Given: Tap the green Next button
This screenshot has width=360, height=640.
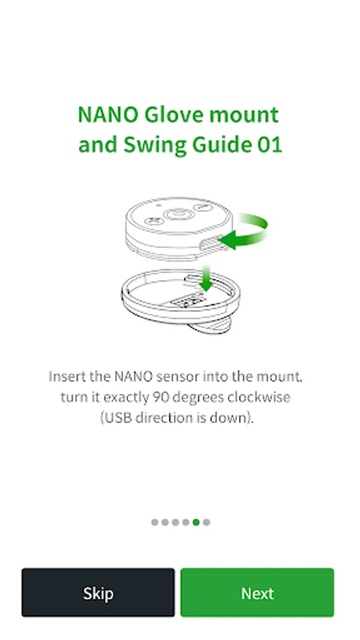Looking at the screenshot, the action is [257, 592].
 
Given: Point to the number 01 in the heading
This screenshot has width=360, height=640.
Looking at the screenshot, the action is [270, 145].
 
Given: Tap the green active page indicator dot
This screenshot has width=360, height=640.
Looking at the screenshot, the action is [196, 523].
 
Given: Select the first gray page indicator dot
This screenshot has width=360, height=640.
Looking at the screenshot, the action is [154, 523].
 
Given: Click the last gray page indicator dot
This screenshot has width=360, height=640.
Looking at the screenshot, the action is [206, 523].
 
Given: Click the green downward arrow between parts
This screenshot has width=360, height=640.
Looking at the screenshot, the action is [206, 279].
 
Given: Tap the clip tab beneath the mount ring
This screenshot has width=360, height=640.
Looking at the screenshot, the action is [209, 326].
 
